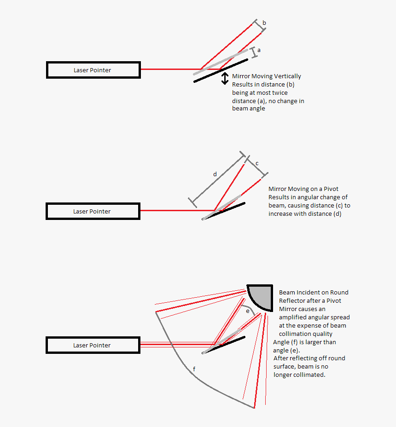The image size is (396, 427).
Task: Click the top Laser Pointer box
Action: pyautogui.click(x=93, y=70)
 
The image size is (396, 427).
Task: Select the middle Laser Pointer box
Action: pyautogui.click(x=93, y=211)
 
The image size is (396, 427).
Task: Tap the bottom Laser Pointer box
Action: pyautogui.click(x=93, y=345)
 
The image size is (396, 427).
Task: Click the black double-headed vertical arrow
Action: pyautogui.click(x=225, y=78)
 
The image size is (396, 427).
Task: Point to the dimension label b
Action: pyautogui.click(x=264, y=23)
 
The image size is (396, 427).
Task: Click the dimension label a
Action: pyautogui.click(x=259, y=50)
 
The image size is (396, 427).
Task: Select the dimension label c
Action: pyautogui.click(x=257, y=163)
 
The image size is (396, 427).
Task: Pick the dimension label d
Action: pyautogui.click(x=215, y=174)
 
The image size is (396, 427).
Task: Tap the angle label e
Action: pyautogui.click(x=247, y=311)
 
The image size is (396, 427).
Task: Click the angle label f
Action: pyautogui.click(x=194, y=369)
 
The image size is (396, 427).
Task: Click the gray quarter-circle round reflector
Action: pyautogui.click(x=260, y=296)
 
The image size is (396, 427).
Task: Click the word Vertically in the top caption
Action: pyautogui.click(x=288, y=76)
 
